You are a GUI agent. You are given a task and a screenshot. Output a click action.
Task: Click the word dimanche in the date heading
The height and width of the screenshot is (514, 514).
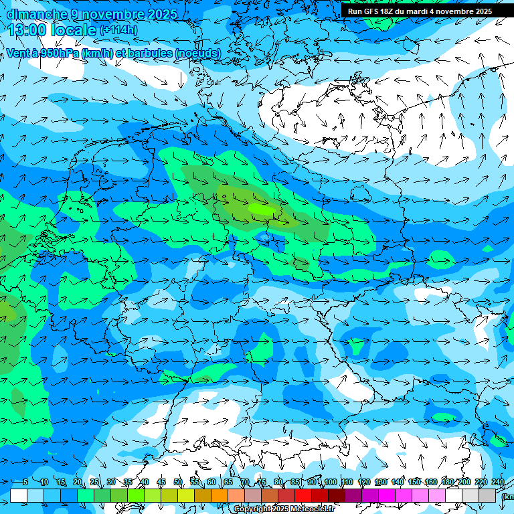37,14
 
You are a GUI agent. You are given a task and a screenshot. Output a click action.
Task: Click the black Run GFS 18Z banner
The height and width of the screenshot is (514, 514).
420,11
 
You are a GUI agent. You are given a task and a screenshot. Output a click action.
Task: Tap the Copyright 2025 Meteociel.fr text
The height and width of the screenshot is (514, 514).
284,509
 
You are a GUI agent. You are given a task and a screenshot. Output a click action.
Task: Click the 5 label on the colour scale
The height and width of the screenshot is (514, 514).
25,483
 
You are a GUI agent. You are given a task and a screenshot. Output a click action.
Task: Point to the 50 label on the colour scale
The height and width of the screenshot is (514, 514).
177,483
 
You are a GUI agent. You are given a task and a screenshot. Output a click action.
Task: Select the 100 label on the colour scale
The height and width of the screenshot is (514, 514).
330,483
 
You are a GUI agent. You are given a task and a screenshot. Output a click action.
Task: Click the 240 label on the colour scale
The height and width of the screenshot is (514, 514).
497,483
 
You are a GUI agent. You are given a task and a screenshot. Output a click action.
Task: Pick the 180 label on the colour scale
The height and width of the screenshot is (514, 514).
447,483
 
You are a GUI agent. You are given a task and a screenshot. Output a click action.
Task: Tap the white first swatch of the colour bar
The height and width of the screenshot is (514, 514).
19,495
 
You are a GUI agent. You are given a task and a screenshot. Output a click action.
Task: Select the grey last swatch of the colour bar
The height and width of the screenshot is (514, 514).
487,495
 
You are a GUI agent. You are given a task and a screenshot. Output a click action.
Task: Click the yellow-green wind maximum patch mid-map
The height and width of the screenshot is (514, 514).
261,208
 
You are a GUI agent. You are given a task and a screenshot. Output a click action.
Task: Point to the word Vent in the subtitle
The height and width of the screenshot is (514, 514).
18,53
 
